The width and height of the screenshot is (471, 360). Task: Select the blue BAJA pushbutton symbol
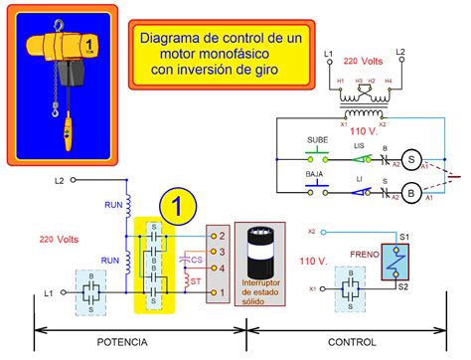(317, 188)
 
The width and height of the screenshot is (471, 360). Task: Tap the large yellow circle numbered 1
(175, 207)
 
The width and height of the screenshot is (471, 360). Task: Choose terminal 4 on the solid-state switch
(223, 268)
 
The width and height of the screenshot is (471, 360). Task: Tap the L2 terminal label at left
(59, 181)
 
